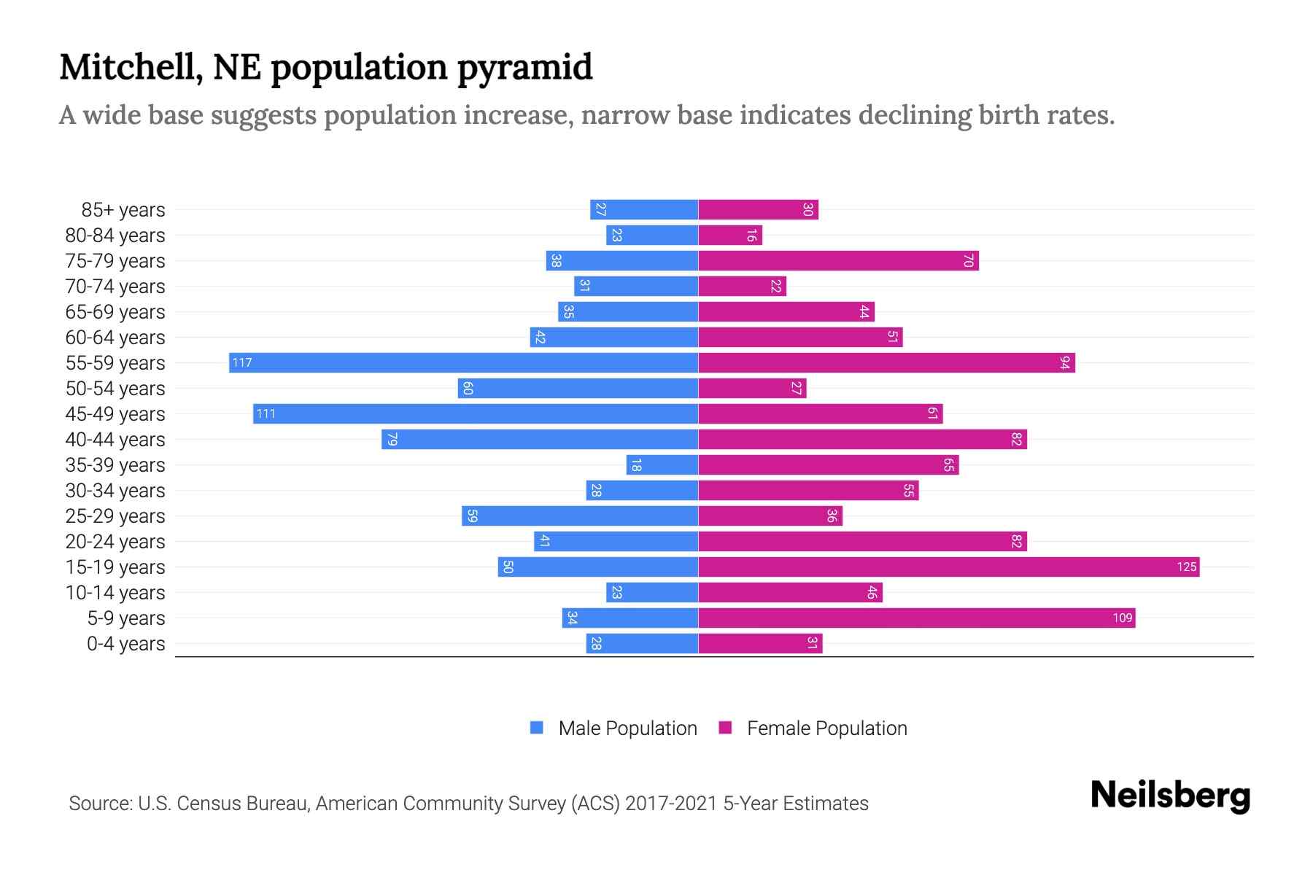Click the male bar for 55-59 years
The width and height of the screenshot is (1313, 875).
pyautogui.click(x=463, y=362)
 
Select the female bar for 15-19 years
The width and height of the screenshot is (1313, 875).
pyautogui.click(x=948, y=567)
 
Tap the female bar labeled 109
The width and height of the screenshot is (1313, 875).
pyautogui.click(x=916, y=618)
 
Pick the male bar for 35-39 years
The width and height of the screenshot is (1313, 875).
pyautogui.click(x=662, y=464)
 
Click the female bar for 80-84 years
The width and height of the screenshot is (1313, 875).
pyautogui.click(x=730, y=235)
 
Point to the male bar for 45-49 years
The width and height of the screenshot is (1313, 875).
pyautogui.click(x=476, y=413)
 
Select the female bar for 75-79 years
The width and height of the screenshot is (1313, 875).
pyautogui.click(x=838, y=260)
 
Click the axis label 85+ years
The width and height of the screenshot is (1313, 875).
pyautogui.click(x=123, y=210)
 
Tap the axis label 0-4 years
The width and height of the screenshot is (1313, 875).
pyautogui.click(x=125, y=644)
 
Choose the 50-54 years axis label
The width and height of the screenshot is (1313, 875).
pyautogui.click(x=115, y=389)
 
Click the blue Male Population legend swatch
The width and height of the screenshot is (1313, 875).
pyautogui.click(x=537, y=728)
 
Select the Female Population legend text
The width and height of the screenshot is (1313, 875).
pyautogui.click(x=826, y=728)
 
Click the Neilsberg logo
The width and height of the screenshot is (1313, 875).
pyautogui.click(x=1170, y=796)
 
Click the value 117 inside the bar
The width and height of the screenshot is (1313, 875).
pyautogui.click(x=242, y=362)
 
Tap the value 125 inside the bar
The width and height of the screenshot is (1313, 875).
pyautogui.click(x=1186, y=567)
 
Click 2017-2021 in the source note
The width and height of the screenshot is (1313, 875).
pyautogui.click(x=671, y=804)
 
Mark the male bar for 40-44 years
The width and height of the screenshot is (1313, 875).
pyautogui.click(x=540, y=439)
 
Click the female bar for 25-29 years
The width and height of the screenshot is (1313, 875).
pyautogui.click(x=770, y=516)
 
